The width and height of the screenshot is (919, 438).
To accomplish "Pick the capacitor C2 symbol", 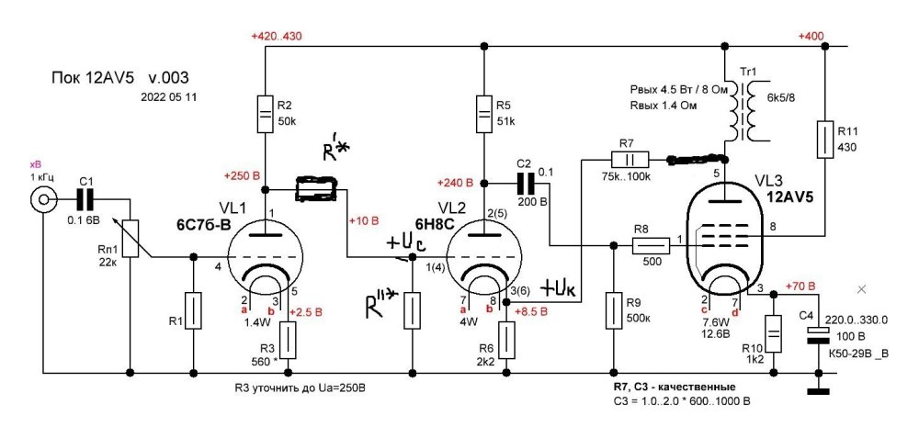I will pyautogui.click(x=525, y=181).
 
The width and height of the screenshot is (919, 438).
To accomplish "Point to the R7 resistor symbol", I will pyautogui.click(x=631, y=158).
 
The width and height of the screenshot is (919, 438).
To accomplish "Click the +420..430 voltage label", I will pyautogui.click(x=277, y=36).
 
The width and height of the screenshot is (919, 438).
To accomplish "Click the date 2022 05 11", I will pyautogui.click(x=169, y=95).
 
